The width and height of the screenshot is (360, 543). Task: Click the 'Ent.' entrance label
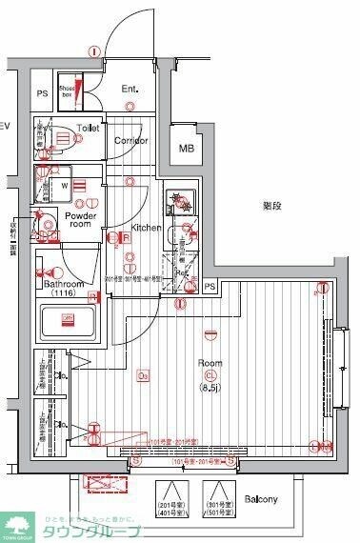click(130, 90)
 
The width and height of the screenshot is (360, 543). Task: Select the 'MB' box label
click(187, 149)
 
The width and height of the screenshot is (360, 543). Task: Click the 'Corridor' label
click(130, 140)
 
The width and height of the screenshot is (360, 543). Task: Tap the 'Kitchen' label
click(146, 228)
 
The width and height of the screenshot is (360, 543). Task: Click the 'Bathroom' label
click(63, 284)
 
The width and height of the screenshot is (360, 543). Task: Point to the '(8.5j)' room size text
click(210, 375)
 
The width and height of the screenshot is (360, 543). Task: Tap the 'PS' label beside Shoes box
click(42, 93)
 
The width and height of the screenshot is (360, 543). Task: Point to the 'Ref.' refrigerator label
click(181, 273)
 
